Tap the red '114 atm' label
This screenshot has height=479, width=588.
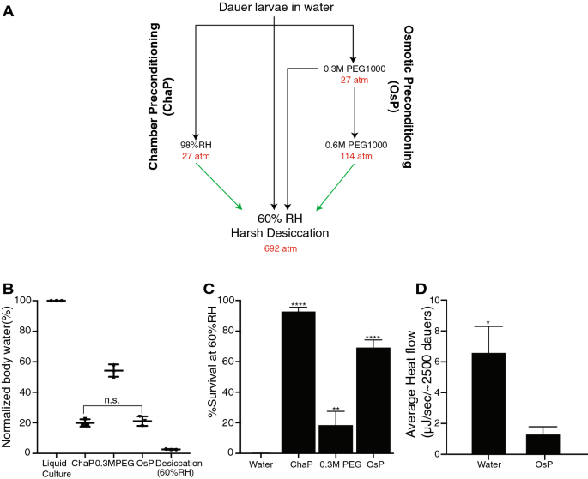(x=355, y=156)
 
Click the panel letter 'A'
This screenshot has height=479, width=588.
(x=8, y=9)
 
